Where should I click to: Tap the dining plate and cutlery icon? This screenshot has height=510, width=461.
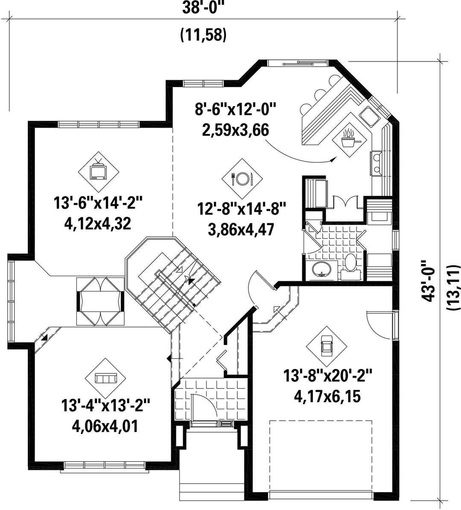coord(242,178)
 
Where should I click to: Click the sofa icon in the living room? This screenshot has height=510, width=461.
coord(105,378)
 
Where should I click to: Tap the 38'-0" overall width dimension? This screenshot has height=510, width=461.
coord(203,8)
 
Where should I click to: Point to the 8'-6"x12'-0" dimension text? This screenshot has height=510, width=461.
coord(236,109)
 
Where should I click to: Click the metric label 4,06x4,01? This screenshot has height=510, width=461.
coord(105,426)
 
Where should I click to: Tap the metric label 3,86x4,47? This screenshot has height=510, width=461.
coord(241,229)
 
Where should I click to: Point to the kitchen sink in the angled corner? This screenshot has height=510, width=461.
coord(369,116)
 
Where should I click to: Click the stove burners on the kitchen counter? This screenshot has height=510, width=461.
coord(377,163)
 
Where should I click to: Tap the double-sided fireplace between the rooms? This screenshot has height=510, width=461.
coord(101,301)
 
